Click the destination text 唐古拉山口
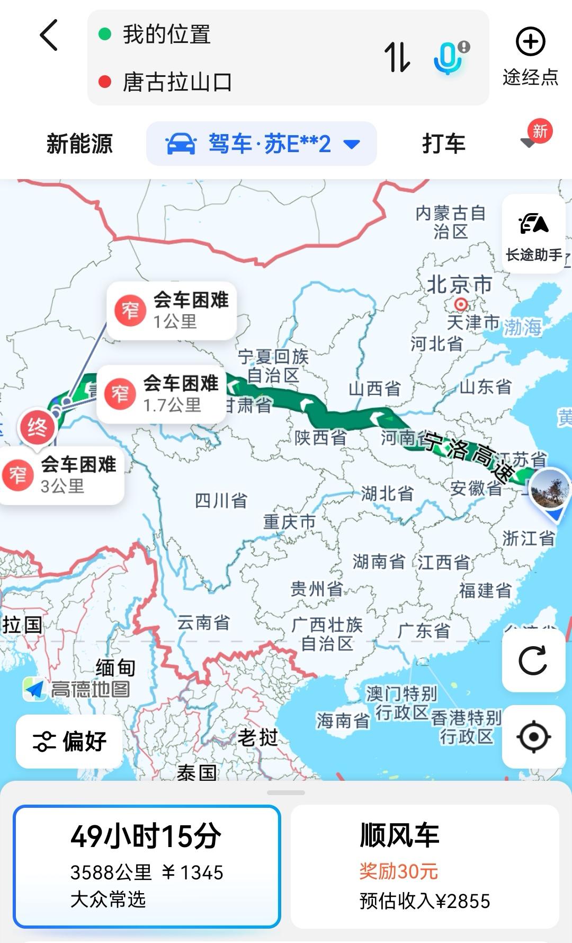tap(177, 82)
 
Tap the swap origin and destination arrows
tap(397, 57)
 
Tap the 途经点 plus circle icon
tap(530, 42)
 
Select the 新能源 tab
tap(79, 144)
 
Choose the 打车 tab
tap(443, 144)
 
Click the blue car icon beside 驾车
tap(181, 144)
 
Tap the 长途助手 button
tap(533, 234)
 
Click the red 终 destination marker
tap(37, 427)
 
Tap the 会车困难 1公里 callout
tap(172, 310)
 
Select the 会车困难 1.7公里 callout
tap(162, 394)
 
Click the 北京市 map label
tap(459, 285)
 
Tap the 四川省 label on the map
tap(221, 500)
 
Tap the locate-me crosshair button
tap(533, 736)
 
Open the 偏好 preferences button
tap(70, 741)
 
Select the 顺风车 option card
tap(425, 866)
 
